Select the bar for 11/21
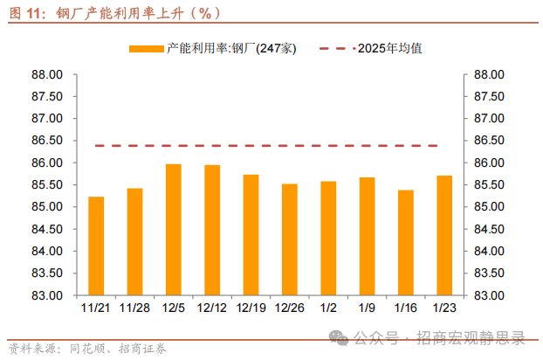(96, 246)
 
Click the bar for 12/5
(173, 229)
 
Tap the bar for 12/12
(212, 230)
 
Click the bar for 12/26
(289, 239)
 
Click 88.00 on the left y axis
(46, 74)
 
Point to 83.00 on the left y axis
(46, 295)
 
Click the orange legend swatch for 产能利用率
(146, 49)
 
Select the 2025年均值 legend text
(393, 49)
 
